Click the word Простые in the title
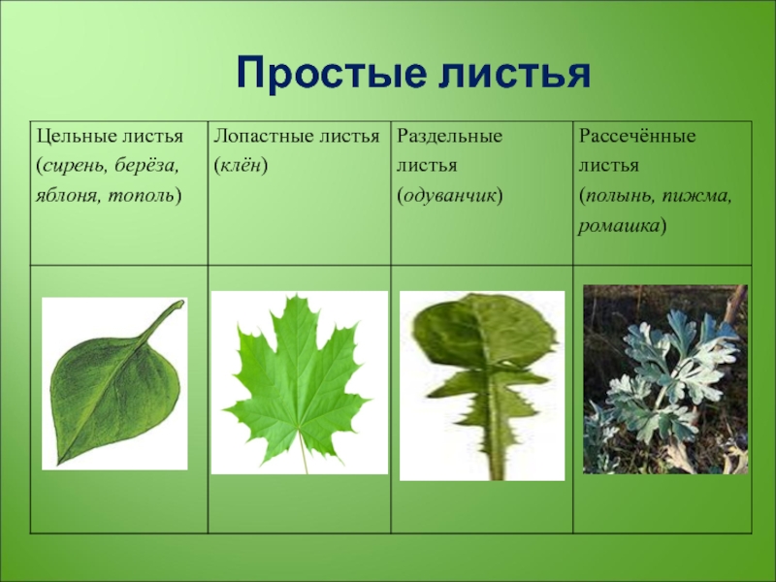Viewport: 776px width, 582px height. (332, 75)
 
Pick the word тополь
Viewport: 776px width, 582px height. (141, 197)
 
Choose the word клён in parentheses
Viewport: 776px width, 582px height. (241, 165)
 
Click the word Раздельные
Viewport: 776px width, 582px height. (449, 136)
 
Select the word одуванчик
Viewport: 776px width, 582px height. (449, 197)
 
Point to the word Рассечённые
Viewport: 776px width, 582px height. (637, 136)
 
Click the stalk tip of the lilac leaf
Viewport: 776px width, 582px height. (180, 303)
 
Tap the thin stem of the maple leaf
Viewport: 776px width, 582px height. (303, 453)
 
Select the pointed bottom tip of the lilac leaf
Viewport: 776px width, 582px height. (60, 464)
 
